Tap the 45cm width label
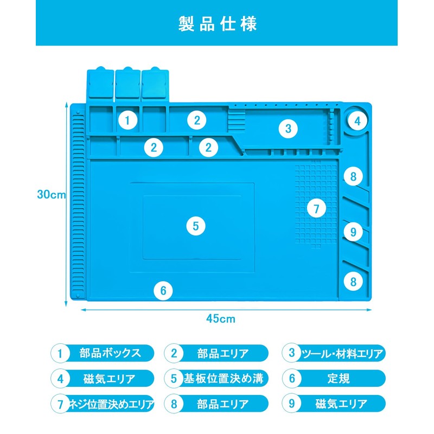[220, 319]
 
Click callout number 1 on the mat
[127, 120]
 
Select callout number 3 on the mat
[288, 129]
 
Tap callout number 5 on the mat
[196, 226]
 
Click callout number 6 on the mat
[163, 291]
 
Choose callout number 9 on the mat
[353, 232]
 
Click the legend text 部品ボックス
[110, 353]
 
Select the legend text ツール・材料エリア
[341, 354]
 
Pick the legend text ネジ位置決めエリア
[110, 404]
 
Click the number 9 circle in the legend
[292, 404]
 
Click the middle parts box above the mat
[127, 84]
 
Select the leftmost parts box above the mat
[100, 84]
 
